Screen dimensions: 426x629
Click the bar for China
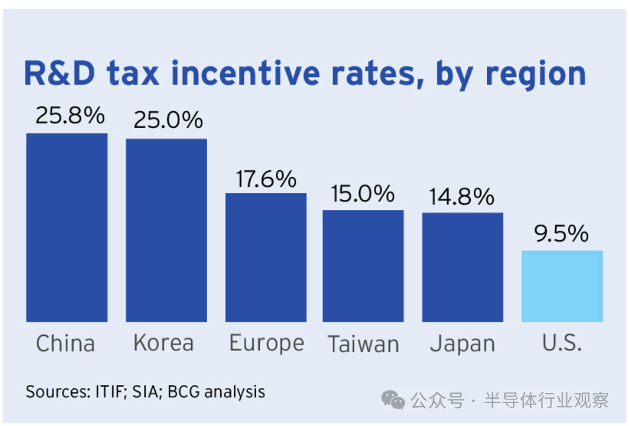point(66,227)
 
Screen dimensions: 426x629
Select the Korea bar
point(166,230)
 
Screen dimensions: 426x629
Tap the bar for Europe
point(265,257)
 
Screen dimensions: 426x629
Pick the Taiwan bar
point(363,266)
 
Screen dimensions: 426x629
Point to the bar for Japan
point(462,267)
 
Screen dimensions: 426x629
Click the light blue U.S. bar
point(561,286)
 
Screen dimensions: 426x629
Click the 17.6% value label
point(266,179)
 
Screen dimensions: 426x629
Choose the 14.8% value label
point(462,196)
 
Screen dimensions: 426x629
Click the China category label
point(65,343)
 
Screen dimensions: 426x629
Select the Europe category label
point(267,343)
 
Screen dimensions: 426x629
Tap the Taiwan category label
point(364,343)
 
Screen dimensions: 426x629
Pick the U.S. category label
point(561,343)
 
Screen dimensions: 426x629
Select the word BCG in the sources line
point(186,392)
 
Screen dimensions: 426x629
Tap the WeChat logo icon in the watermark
point(393,400)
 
